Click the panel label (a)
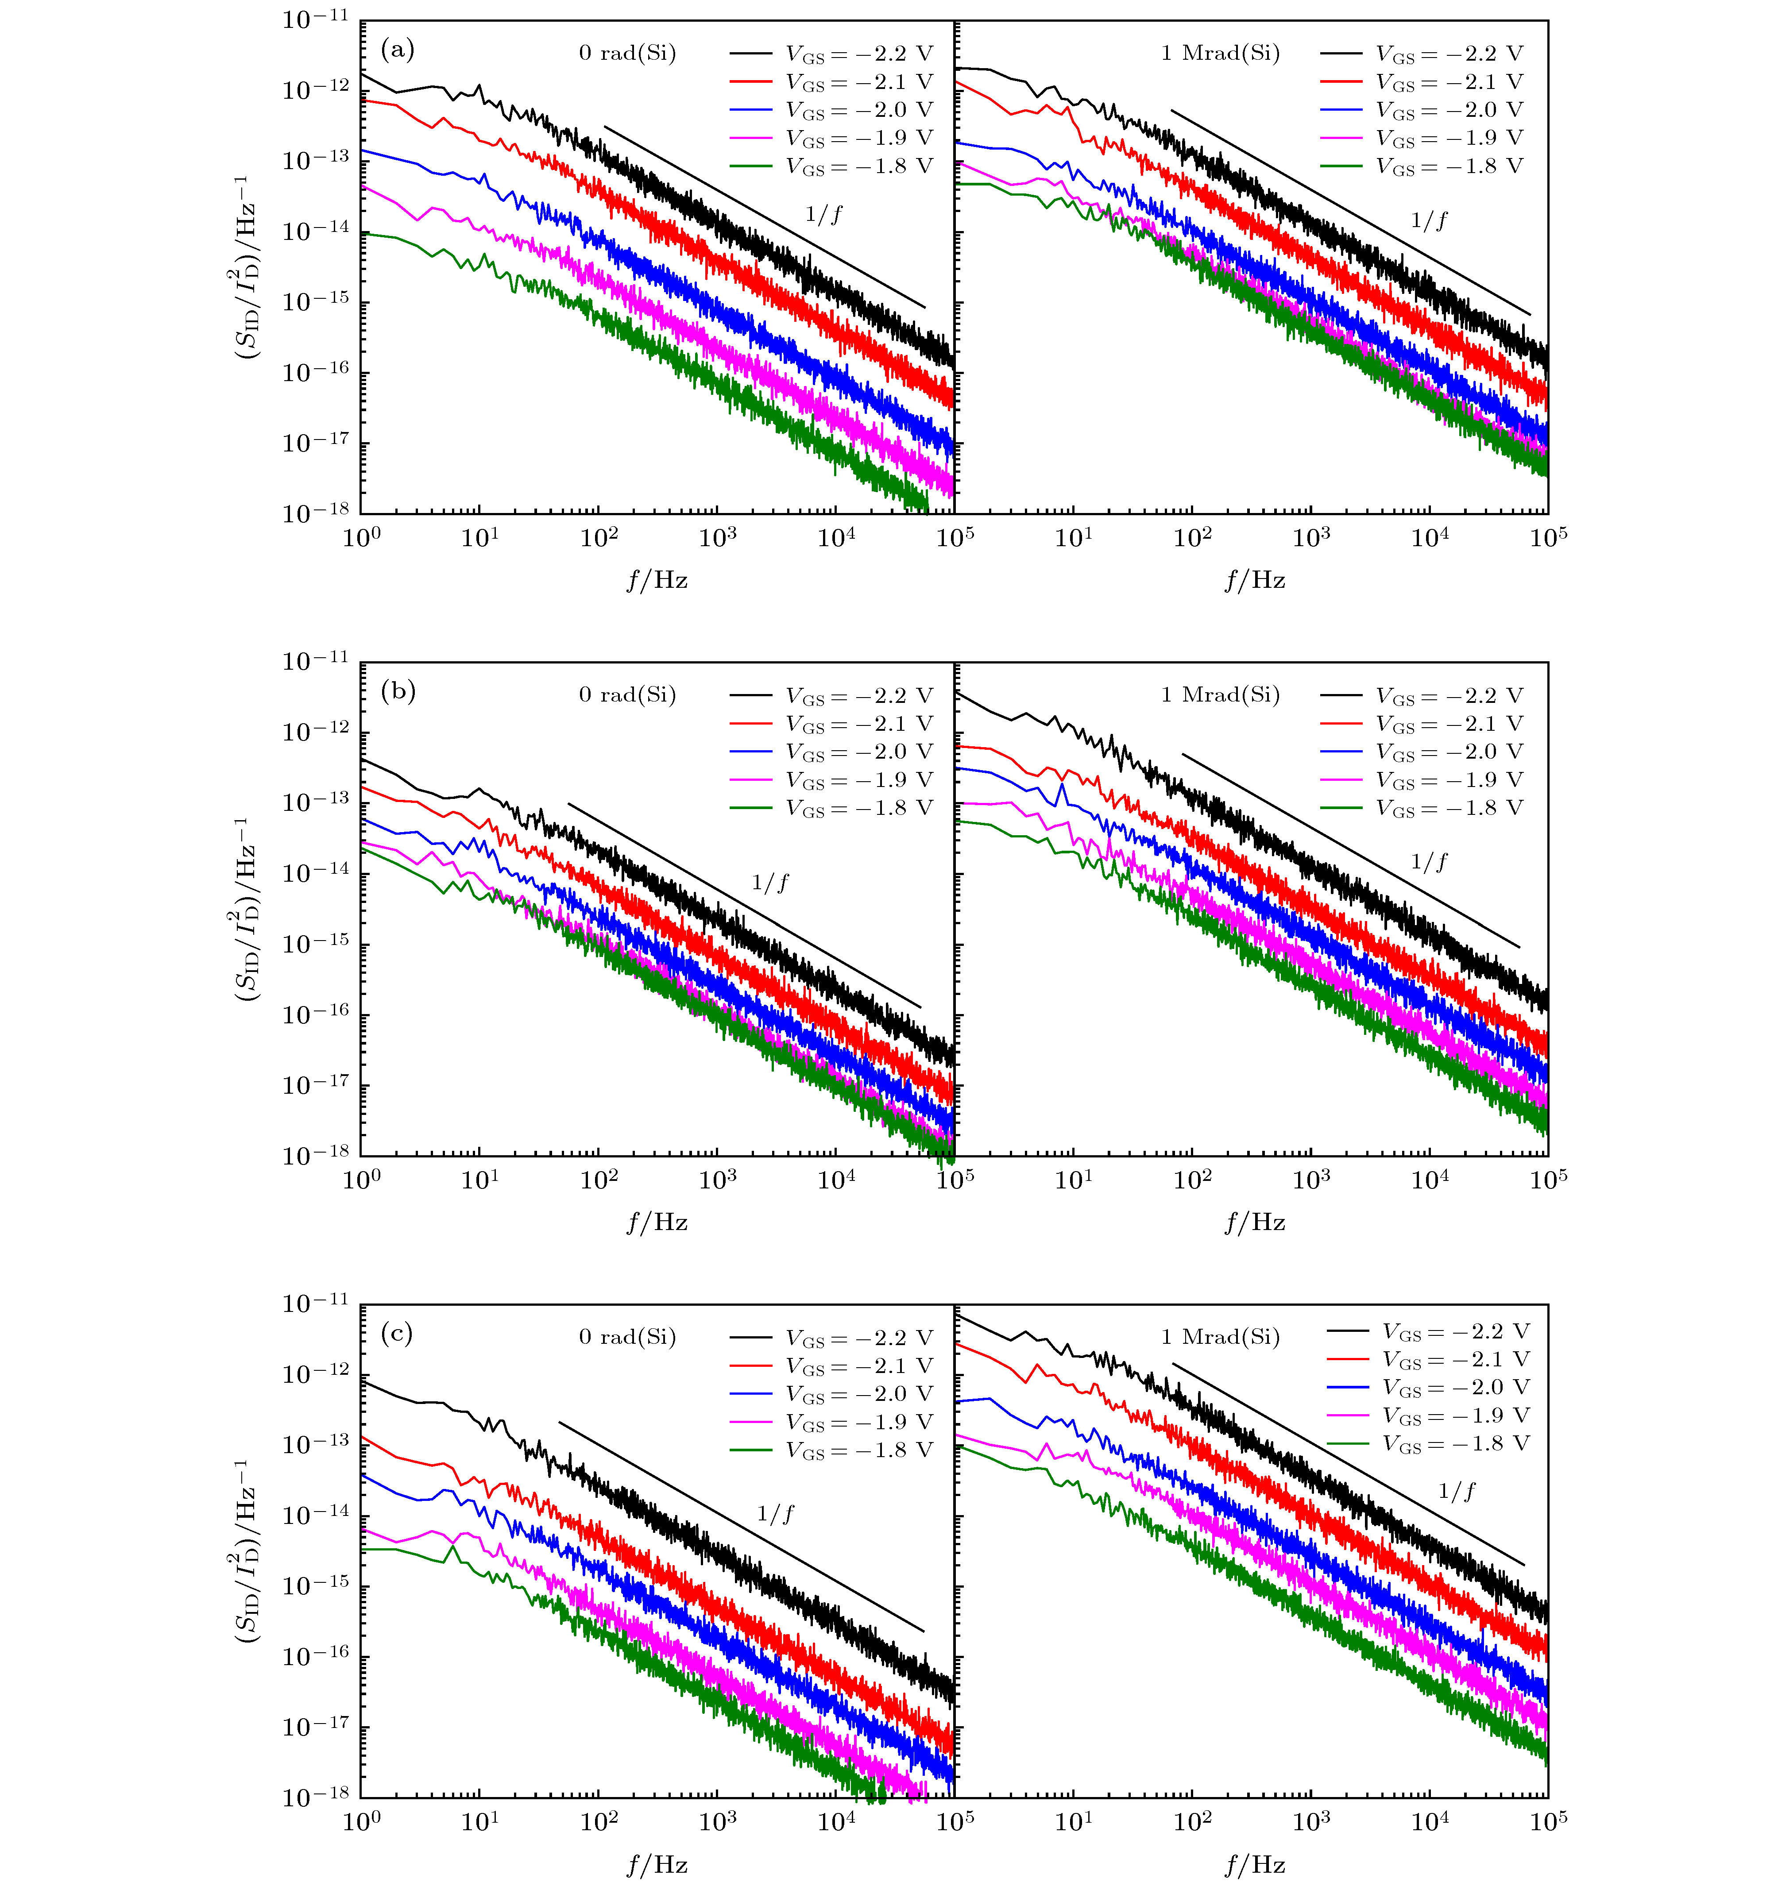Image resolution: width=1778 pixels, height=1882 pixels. coord(397,49)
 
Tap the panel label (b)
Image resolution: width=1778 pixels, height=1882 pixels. coord(397,692)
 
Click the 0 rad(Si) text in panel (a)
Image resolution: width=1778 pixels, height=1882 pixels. coord(627,53)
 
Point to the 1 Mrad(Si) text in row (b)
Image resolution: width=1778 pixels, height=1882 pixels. coord(1220,695)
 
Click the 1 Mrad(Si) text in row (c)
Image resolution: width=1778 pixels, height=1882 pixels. coord(1220,1337)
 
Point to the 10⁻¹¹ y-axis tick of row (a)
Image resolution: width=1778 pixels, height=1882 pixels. coord(316,19)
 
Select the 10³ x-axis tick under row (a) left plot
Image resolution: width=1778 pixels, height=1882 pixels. coord(718,537)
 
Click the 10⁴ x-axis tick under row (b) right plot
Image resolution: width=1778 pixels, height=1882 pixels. coord(1429,1178)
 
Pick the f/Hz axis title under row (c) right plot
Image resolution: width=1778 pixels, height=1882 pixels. coord(1254,1865)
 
